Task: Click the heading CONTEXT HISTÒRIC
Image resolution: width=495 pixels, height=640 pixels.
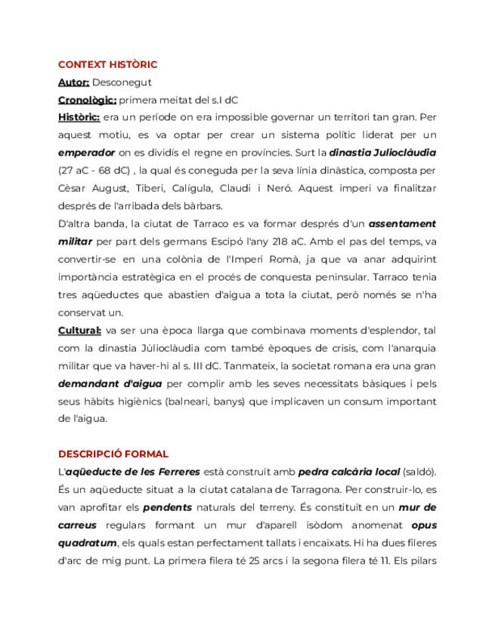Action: tap(107, 65)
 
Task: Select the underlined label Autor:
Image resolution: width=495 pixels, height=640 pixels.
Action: tap(73, 82)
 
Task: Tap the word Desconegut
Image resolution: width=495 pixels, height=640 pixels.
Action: tap(122, 82)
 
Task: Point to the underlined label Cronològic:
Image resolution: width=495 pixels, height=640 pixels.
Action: tap(87, 100)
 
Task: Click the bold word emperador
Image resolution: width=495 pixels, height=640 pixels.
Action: tap(87, 152)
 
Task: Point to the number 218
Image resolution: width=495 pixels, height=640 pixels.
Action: tap(283, 242)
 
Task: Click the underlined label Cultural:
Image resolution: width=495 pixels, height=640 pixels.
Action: tap(79, 330)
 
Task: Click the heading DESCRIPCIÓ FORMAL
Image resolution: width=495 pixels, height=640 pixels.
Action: tap(113, 454)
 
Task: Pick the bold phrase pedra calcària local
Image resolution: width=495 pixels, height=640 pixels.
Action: tap(349, 472)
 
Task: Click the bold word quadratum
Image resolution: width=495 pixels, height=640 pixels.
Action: tap(87, 543)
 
